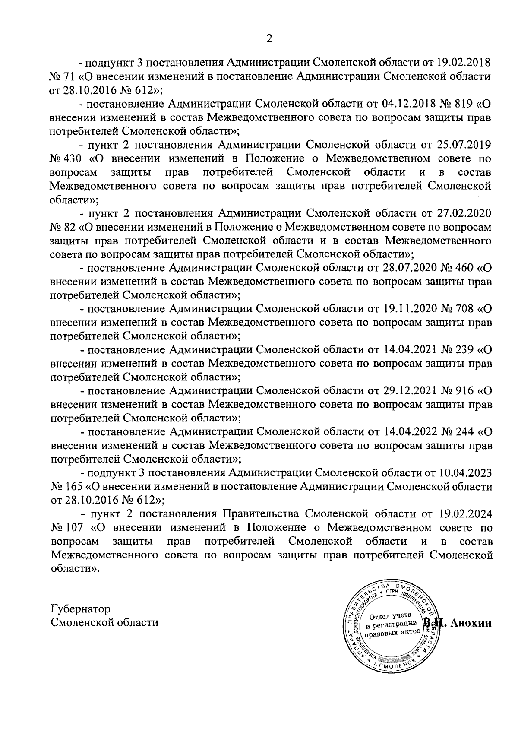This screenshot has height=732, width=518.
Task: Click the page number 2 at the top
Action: coord(269,39)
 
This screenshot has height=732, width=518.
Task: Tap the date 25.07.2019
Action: coord(463,145)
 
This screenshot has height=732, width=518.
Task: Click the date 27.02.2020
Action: coord(463,213)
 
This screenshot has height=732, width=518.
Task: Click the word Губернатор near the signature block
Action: coord(80,609)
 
